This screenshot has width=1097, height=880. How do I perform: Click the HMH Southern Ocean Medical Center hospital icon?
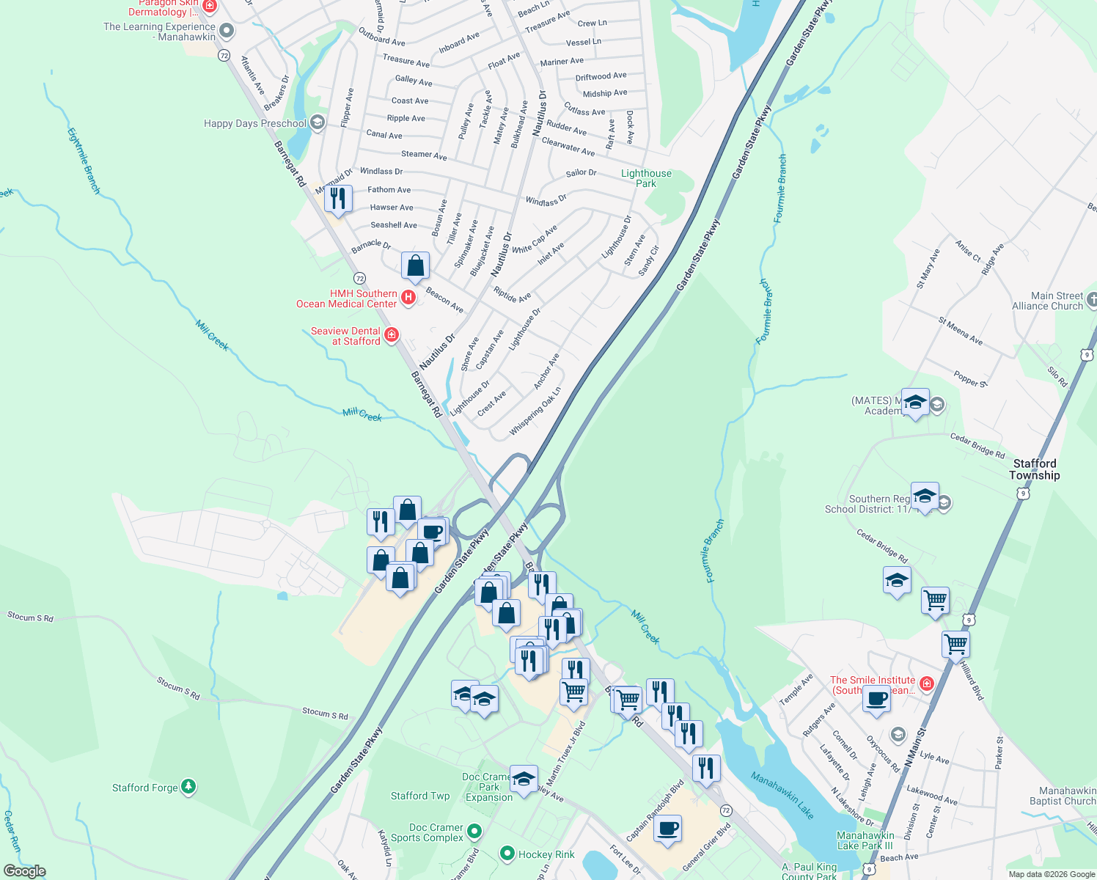pyautogui.click(x=408, y=298)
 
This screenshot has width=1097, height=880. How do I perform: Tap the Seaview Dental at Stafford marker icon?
pyautogui.click(x=392, y=335)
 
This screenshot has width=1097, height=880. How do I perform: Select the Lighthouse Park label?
pyautogui.click(x=646, y=178)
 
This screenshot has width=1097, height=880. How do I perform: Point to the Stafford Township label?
pyautogui.click(x=1034, y=469)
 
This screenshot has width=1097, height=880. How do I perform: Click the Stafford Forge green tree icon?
pyautogui.click(x=188, y=787)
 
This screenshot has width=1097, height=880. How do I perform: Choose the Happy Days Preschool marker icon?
pyautogui.click(x=317, y=122)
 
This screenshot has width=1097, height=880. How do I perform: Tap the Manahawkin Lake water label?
pyautogui.click(x=782, y=795)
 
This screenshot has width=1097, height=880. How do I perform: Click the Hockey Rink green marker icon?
pyautogui.click(x=506, y=854)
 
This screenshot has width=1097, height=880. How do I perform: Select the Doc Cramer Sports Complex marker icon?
pyautogui.click(x=474, y=832)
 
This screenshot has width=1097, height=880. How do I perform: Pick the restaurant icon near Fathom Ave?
pyautogui.click(x=338, y=199)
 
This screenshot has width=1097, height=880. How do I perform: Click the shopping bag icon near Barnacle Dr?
pyautogui.click(x=415, y=266)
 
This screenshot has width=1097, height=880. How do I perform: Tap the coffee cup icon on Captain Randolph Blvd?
pyautogui.click(x=667, y=829)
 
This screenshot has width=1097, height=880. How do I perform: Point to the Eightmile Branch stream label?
pyautogui.click(x=84, y=161)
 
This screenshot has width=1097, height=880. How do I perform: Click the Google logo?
pyautogui.click(x=24, y=870)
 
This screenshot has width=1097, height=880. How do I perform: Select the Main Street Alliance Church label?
pyautogui.click(x=1047, y=301)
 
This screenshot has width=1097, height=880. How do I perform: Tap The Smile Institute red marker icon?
pyautogui.click(x=927, y=684)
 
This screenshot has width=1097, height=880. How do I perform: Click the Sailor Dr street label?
pyautogui.click(x=581, y=173)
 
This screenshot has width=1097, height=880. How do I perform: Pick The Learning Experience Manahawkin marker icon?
pyautogui.click(x=227, y=31)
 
